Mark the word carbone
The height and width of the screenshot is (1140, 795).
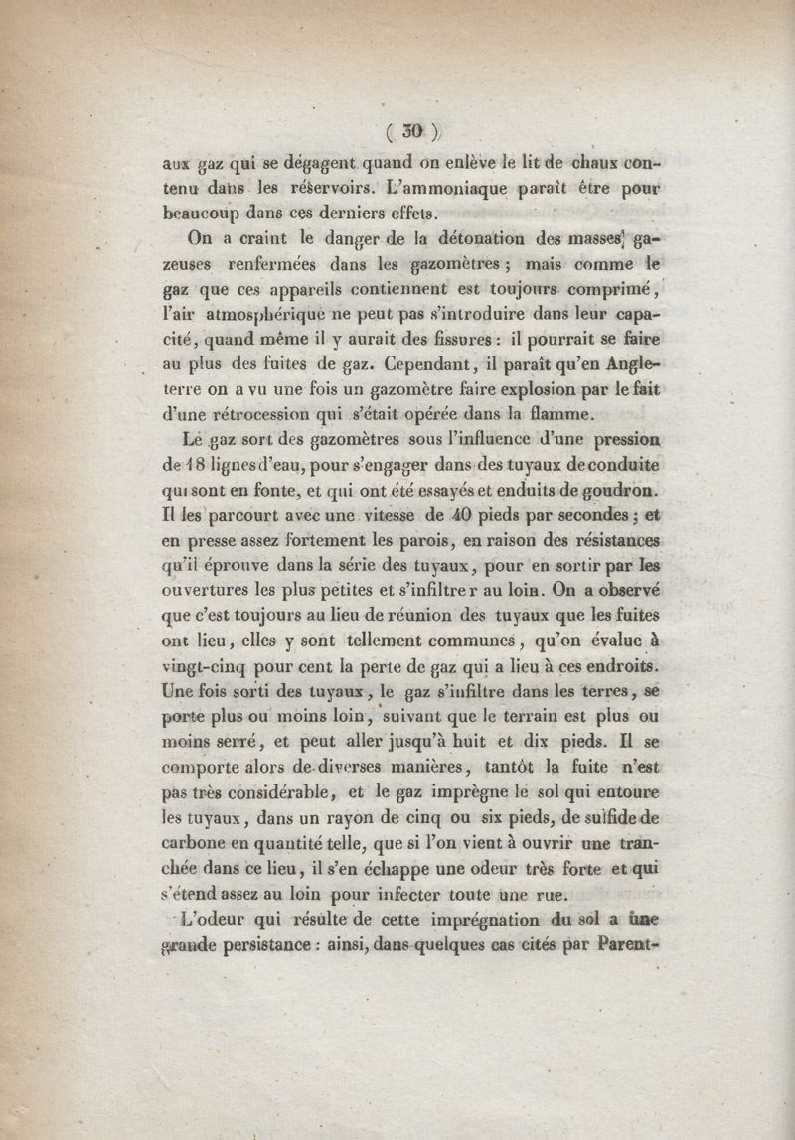click(196, 842)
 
